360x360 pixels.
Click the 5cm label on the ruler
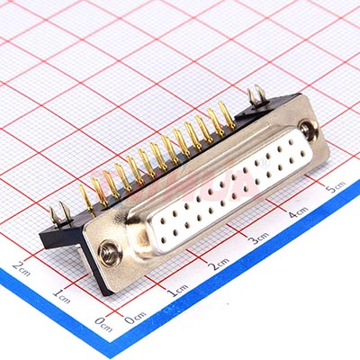point(336,187)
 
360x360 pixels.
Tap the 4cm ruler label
point(299,212)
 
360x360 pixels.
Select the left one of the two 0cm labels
point(103,324)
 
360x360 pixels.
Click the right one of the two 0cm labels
point(135,318)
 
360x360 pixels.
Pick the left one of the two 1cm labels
point(61,295)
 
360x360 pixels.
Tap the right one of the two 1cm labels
point(179,290)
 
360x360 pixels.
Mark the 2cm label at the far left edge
point(21,268)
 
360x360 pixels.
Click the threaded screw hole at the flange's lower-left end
point(111,253)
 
